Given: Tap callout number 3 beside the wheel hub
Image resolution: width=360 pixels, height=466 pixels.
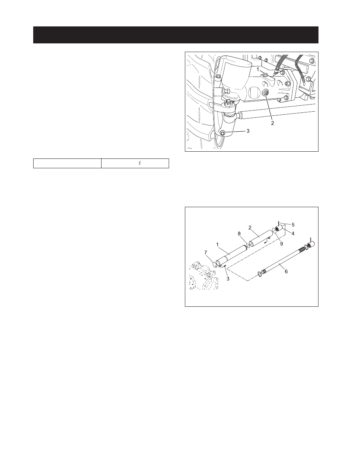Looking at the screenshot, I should [x=248, y=131].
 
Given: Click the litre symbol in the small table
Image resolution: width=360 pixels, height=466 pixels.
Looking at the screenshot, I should [x=139, y=163].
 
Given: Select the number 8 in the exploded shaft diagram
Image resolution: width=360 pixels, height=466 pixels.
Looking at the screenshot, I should [x=239, y=234].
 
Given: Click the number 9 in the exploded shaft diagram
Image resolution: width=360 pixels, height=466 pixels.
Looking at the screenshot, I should [x=281, y=244].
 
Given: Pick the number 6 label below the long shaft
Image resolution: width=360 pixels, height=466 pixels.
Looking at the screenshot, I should [x=286, y=271].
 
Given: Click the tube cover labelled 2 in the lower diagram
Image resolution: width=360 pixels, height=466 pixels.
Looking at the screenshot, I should [x=260, y=238].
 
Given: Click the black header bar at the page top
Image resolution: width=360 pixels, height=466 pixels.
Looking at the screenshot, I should [x=176, y=35].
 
